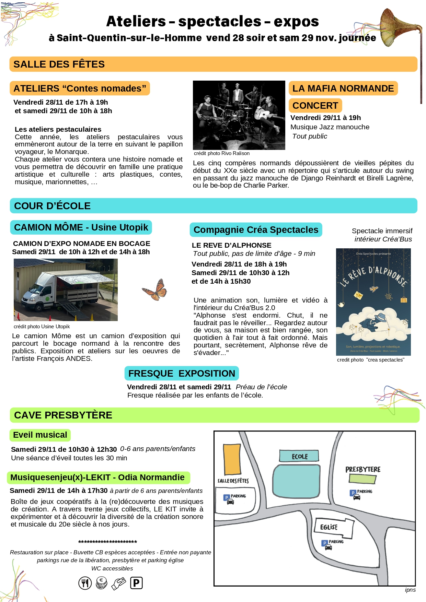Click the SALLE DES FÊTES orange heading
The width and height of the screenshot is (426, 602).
[x=59, y=64]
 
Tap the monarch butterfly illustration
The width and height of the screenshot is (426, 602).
[x=155, y=290]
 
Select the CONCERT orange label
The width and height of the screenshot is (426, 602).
[x=315, y=106]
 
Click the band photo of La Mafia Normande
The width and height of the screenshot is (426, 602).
[x=239, y=115]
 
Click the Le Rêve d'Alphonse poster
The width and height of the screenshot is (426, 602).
[x=373, y=302]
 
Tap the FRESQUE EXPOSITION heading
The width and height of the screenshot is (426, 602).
[x=182, y=374]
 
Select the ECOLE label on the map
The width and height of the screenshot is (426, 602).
[x=299, y=457]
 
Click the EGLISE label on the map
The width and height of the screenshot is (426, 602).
[x=329, y=527]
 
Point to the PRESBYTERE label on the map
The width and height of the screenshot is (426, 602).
[x=363, y=470]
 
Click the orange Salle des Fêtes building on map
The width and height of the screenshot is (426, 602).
[x=232, y=459]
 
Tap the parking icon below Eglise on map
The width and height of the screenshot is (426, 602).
[x=328, y=545]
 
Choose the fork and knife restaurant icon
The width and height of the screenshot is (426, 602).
[x=85, y=583]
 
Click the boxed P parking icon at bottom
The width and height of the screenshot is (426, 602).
[x=136, y=583]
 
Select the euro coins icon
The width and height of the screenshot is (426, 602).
[x=102, y=583]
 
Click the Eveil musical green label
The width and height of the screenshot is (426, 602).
[x=40, y=435]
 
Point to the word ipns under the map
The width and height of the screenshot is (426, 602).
[x=410, y=590]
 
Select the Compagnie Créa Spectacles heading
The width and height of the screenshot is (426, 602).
[x=256, y=230]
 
